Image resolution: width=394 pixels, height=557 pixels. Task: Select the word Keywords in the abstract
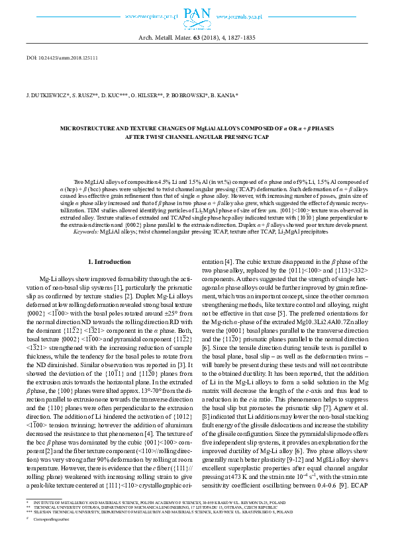[86, 232]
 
